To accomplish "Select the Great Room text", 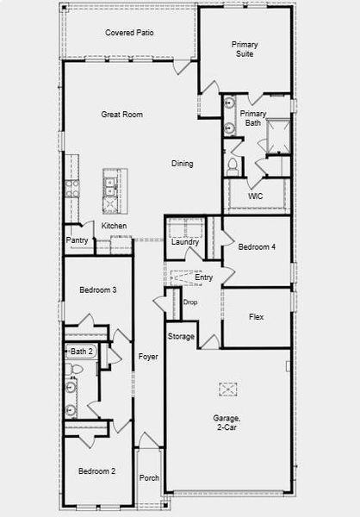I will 121,115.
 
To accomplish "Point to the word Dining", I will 182,164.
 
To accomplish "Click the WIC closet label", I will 255,196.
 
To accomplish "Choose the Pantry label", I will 76,240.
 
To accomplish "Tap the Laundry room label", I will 185,242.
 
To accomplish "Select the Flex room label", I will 257,317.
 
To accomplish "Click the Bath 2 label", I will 82,352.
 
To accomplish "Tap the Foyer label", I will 148,356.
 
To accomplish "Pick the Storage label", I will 181,336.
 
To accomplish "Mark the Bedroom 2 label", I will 97,471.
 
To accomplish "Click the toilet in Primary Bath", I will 233,163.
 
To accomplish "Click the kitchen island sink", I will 109,180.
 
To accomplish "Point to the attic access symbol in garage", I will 227,389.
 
